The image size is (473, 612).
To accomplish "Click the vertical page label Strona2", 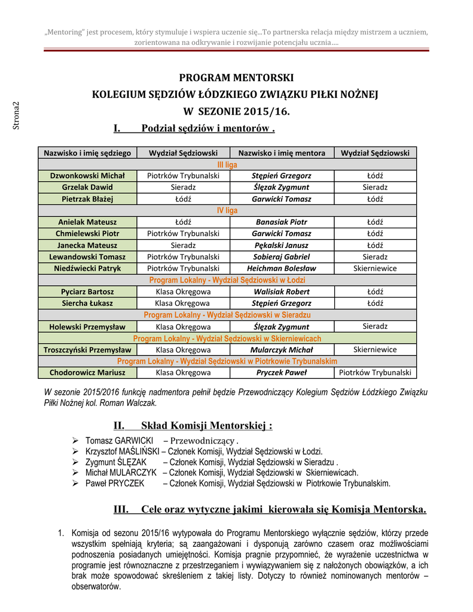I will coord(17,115).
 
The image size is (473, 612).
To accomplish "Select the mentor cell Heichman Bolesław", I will coord(282,268).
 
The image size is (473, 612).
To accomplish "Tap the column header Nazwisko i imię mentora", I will coord(282,153).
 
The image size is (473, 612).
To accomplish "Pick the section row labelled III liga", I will coord(227,164).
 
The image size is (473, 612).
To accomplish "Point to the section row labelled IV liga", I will coord(227,210).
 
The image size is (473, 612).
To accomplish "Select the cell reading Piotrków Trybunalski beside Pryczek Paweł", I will coord(375,372).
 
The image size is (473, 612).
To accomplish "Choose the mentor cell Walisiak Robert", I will coord(282,292).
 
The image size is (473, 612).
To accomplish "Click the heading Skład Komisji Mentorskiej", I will coord(206,426).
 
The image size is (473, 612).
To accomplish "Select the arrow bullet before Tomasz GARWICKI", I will coord(75,440).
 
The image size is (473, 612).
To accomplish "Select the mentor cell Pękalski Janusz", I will coord(282,245).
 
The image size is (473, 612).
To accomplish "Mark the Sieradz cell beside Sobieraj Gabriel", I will coord(375,257).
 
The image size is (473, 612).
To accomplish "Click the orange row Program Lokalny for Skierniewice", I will coord(227,338).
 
